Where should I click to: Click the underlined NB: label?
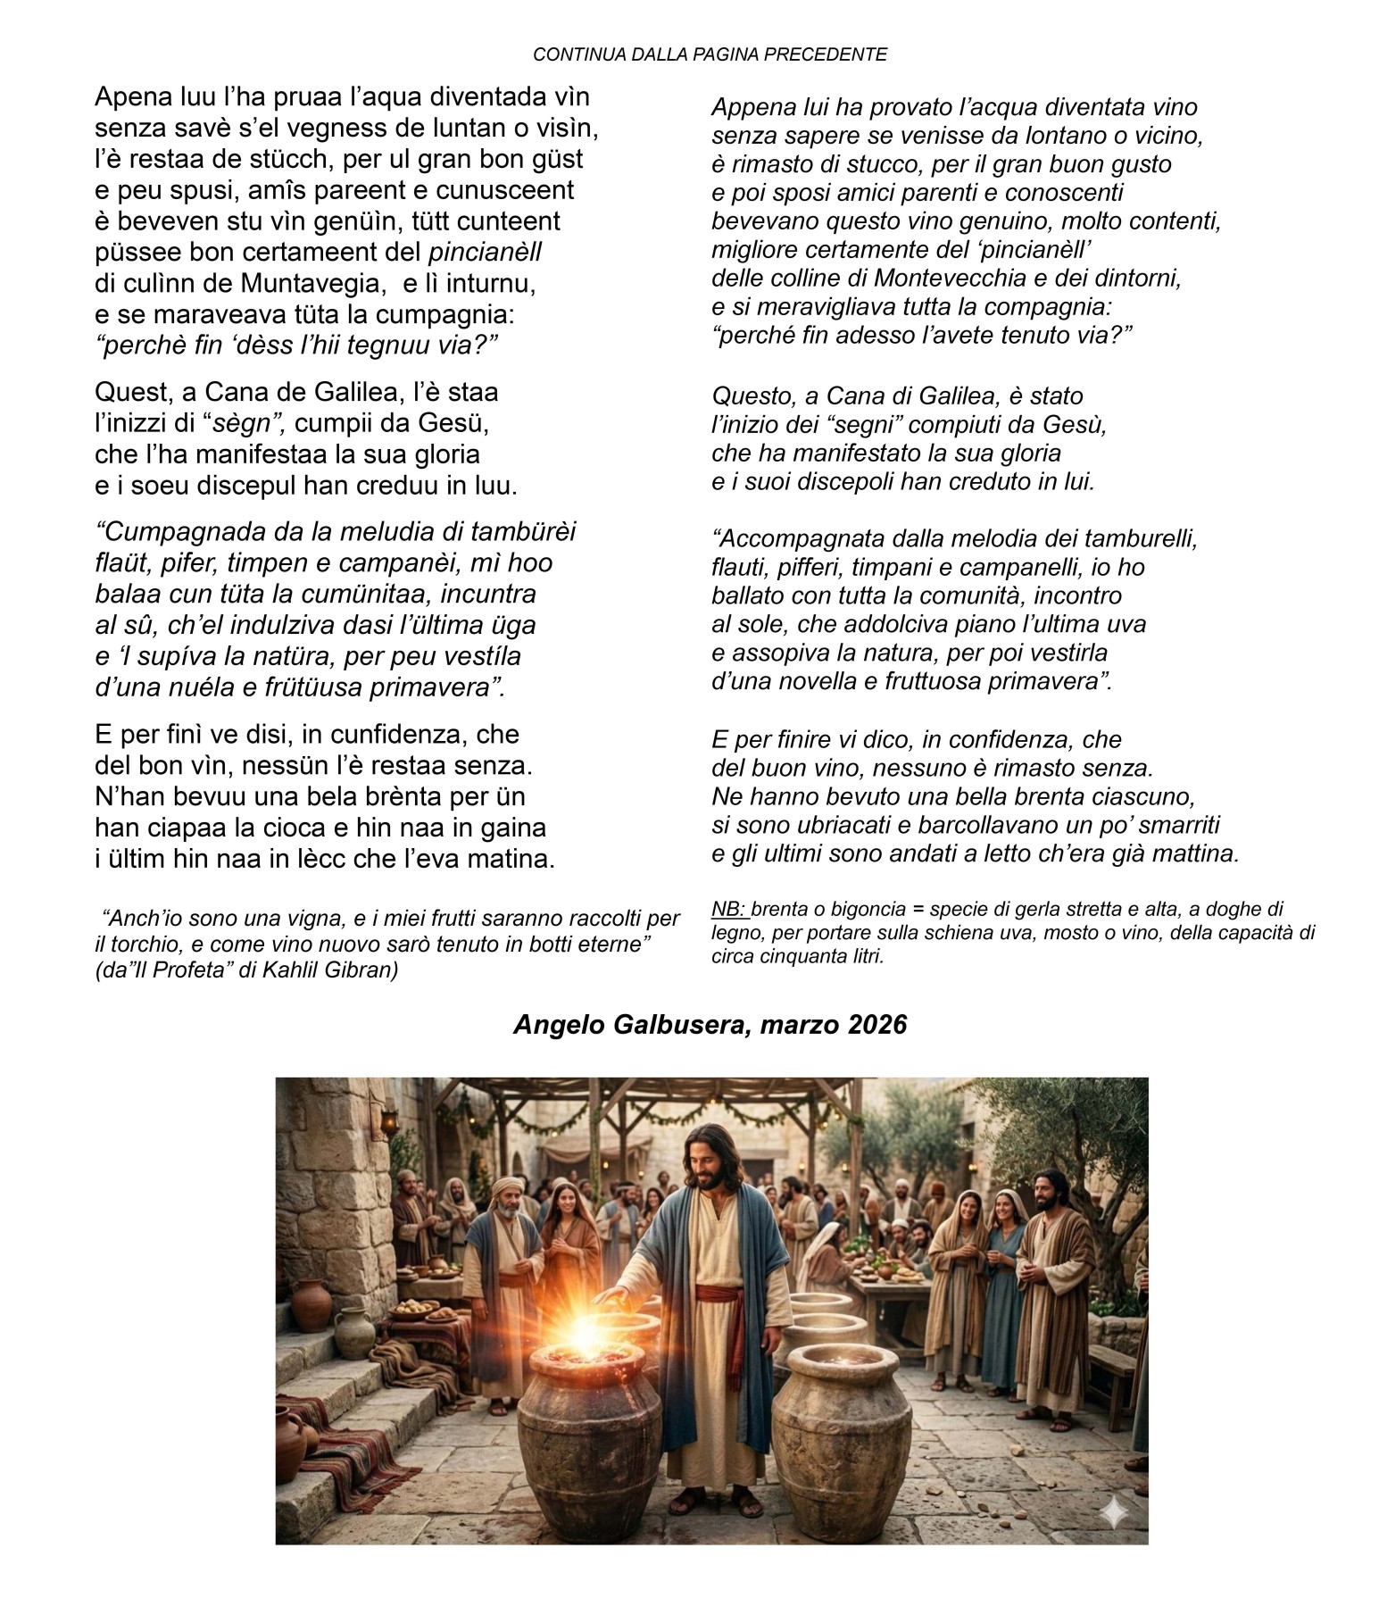(729, 910)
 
